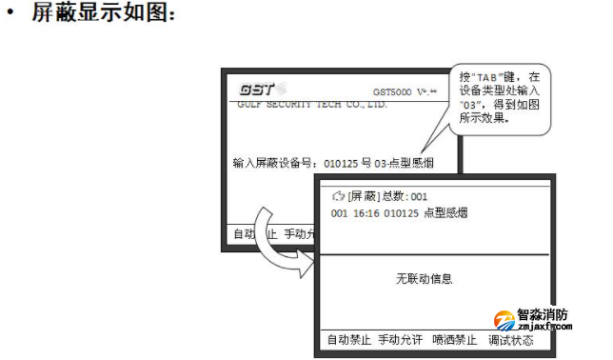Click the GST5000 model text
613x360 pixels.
(x=391, y=92)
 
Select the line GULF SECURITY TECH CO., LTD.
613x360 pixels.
(x=312, y=105)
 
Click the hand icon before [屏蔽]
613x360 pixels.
(x=338, y=195)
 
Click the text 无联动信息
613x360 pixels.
(x=424, y=279)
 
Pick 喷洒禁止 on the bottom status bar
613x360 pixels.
(x=453, y=338)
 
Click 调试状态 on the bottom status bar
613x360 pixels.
(x=510, y=338)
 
